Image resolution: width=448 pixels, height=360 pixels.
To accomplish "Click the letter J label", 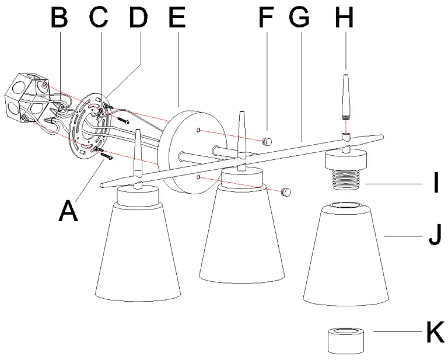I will (435, 236).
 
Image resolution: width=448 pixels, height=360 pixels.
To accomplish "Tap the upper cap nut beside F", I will (268, 141).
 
